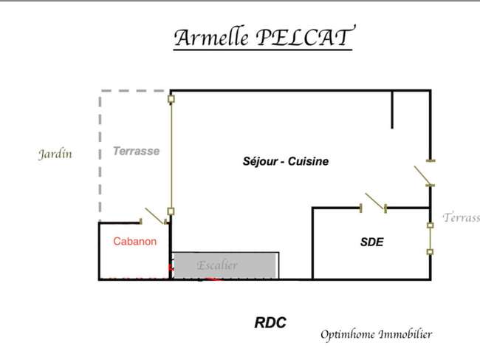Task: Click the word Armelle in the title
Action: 211,38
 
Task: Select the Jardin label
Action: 55,154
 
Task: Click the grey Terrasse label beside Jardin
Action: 136,151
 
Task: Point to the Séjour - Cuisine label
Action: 286,161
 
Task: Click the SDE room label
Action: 371,242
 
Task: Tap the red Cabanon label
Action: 134,241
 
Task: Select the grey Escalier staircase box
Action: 226,265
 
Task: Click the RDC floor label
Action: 270,322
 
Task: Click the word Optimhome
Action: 348,334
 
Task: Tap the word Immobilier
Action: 405,333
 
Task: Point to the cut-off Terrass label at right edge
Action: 461,217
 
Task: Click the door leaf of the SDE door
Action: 375,202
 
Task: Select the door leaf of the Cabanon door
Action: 155,216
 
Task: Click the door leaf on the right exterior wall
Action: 422,175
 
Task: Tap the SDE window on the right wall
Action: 430,239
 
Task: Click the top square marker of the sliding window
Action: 171,99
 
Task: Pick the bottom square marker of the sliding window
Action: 171,211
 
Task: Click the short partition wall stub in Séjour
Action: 392,109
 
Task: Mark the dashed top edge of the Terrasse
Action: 133,91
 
